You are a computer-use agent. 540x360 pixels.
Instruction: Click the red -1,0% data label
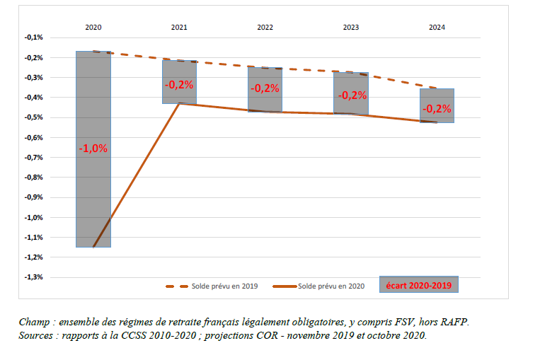click(x=93, y=149)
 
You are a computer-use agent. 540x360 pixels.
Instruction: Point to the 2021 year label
click(x=179, y=27)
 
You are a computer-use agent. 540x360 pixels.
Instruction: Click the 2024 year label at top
click(x=437, y=27)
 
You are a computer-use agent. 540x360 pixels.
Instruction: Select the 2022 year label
click(x=265, y=27)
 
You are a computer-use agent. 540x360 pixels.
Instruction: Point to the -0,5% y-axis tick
click(x=33, y=117)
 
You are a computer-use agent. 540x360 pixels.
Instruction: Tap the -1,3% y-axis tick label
click(x=33, y=277)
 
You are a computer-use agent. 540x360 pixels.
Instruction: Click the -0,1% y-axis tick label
click(x=33, y=37)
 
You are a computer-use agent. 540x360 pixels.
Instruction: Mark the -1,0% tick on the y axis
click(x=33, y=217)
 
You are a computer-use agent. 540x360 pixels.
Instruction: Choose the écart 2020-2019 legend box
click(x=419, y=285)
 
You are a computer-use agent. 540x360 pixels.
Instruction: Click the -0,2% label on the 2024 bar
click(x=437, y=109)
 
